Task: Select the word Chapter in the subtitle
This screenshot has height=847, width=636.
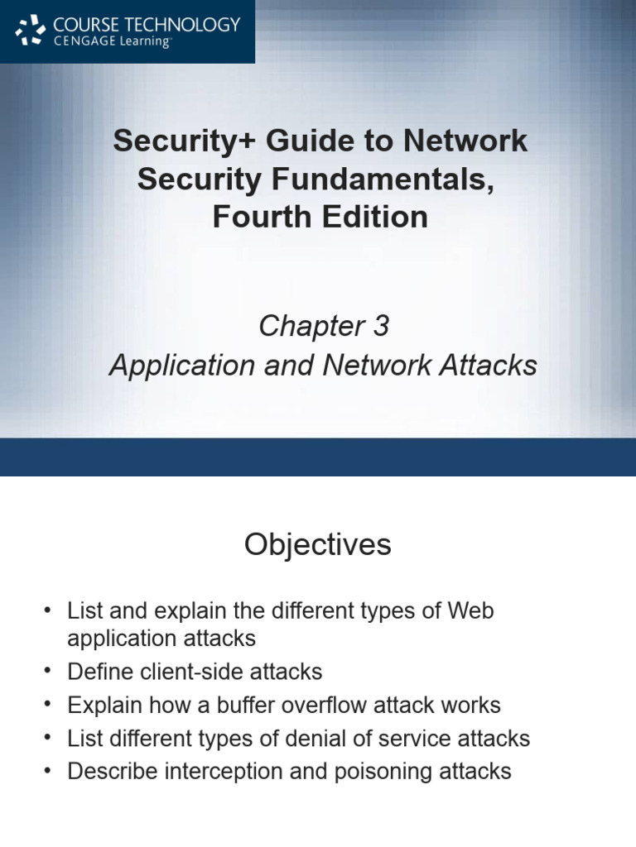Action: [303, 327]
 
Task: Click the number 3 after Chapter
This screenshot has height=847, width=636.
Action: [380, 327]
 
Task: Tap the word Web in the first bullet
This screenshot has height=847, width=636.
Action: [470, 612]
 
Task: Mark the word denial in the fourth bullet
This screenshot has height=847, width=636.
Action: [338, 738]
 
